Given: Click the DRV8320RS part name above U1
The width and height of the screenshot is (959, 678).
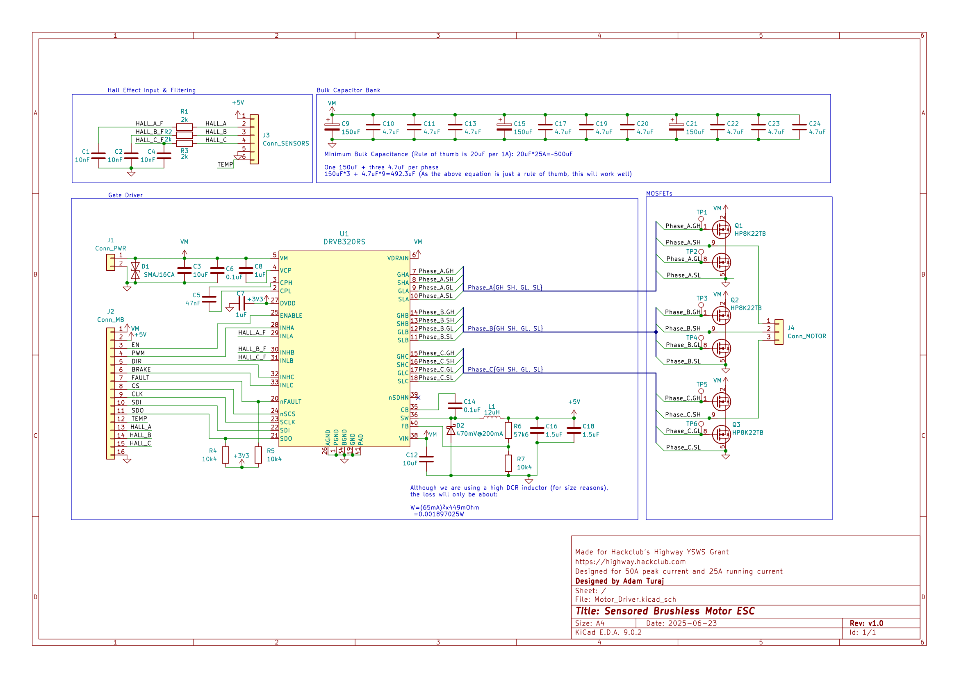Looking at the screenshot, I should (x=344, y=242).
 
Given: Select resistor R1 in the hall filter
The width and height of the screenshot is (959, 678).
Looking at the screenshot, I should (x=184, y=127).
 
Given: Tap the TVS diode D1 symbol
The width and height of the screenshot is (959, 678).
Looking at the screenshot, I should (x=135, y=271).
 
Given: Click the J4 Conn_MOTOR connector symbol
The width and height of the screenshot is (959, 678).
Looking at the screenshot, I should (x=779, y=332).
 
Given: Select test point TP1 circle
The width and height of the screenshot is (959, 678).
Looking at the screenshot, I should (x=701, y=219).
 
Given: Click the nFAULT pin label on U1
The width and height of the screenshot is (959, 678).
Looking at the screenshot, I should (x=291, y=402).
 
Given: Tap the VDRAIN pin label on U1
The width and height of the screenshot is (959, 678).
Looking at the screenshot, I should (x=398, y=258).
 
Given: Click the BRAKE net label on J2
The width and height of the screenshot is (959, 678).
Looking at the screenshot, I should (x=141, y=370).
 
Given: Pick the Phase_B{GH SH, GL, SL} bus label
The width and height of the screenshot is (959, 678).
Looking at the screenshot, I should (x=505, y=329).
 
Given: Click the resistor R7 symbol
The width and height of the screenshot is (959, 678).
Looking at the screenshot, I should (x=508, y=463).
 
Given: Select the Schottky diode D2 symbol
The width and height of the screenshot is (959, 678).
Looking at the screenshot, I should (x=451, y=430).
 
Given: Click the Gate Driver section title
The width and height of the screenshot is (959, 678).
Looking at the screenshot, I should (x=125, y=196).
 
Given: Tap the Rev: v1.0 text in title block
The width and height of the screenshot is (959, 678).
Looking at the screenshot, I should (x=866, y=623).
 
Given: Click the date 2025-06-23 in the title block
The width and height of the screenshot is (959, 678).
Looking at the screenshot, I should (x=692, y=623).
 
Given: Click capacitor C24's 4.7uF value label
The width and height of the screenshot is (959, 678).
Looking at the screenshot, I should (x=817, y=132).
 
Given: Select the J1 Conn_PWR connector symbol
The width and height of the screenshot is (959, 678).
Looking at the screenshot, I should (x=111, y=263).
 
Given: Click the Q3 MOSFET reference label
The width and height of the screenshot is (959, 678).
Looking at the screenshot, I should (x=736, y=425).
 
